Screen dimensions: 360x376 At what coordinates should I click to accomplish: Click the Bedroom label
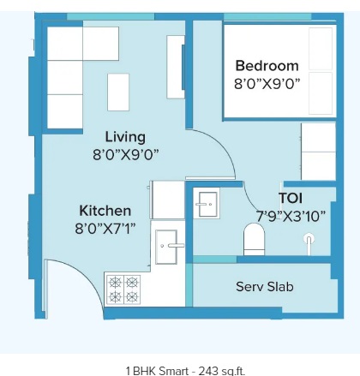click(x=267, y=66)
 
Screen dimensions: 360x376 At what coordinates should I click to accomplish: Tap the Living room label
click(x=125, y=137)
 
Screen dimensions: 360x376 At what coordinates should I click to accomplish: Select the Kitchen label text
click(x=105, y=211)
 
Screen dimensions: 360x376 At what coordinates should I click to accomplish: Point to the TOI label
click(x=291, y=198)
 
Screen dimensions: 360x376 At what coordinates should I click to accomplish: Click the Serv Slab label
click(x=265, y=287)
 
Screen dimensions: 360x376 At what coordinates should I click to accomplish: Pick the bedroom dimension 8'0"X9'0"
click(x=267, y=84)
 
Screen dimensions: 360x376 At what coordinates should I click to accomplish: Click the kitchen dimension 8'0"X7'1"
click(x=105, y=229)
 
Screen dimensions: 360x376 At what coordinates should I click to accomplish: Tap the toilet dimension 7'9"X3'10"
click(x=291, y=217)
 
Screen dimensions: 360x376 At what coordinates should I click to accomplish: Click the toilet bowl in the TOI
click(x=254, y=239)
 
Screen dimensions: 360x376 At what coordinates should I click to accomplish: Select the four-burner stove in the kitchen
click(x=123, y=289)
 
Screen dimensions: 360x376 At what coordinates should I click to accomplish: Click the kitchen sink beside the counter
click(x=166, y=247)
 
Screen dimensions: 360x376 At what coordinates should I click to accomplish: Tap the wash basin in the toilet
click(x=207, y=203)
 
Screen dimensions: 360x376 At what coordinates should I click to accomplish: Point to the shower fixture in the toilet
click(x=309, y=243)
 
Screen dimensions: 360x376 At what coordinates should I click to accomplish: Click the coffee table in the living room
click(x=118, y=92)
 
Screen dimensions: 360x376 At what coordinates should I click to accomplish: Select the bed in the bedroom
click(x=279, y=71)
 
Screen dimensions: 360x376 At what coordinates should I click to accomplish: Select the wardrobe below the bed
click(x=318, y=152)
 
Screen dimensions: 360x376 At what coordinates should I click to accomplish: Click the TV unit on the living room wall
click(x=176, y=67)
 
